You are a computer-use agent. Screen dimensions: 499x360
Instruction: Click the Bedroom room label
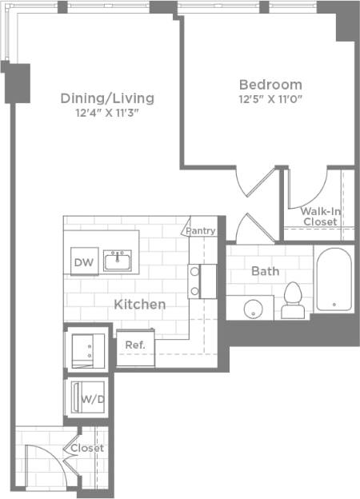tap(270, 84)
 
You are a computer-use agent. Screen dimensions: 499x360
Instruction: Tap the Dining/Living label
tap(107, 98)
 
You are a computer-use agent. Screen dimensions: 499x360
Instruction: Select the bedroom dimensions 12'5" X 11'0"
tap(270, 99)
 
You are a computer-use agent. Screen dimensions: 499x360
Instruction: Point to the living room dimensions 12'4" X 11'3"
tap(107, 113)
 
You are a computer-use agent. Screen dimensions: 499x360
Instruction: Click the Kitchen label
tap(140, 304)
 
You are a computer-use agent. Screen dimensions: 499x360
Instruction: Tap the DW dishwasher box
tap(82, 261)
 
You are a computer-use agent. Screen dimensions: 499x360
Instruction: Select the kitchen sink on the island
tap(122, 260)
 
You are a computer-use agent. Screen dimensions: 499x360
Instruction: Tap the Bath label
tap(265, 271)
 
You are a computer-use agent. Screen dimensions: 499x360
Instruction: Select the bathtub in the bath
tap(333, 280)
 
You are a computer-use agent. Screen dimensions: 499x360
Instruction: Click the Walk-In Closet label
tap(319, 216)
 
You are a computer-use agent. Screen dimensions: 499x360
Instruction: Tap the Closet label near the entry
tap(87, 449)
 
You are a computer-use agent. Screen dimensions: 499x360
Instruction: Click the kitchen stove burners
tap(194, 281)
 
